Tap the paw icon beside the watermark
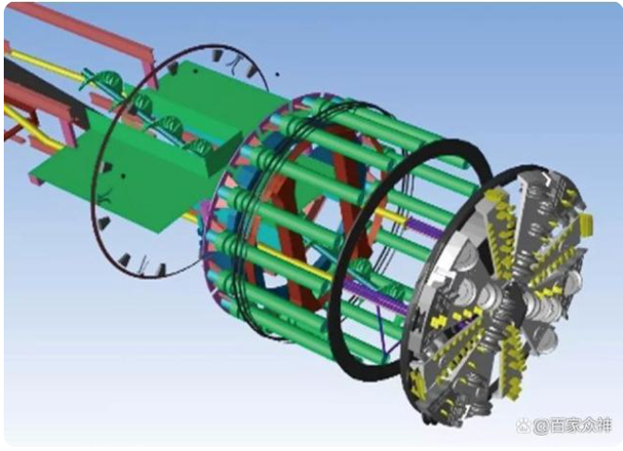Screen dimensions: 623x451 click(x=523, y=426)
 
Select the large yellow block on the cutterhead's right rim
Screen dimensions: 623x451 click(x=586, y=225)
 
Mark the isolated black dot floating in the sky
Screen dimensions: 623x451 click(x=277, y=74)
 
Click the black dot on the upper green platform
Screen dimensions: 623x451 click(x=195, y=71)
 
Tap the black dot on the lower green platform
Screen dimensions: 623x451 click(x=123, y=175)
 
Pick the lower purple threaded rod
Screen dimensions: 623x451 click(x=373, y=293)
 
